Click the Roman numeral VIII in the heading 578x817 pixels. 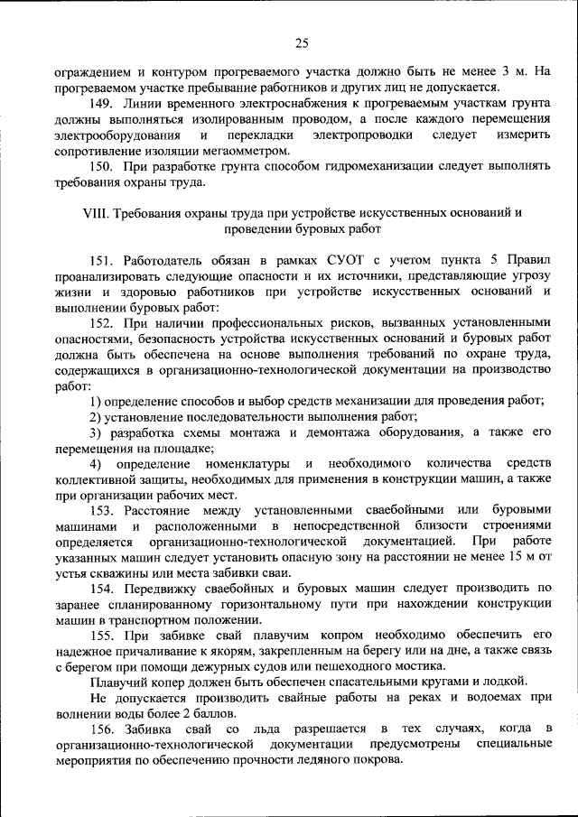[x=94, y=213]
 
